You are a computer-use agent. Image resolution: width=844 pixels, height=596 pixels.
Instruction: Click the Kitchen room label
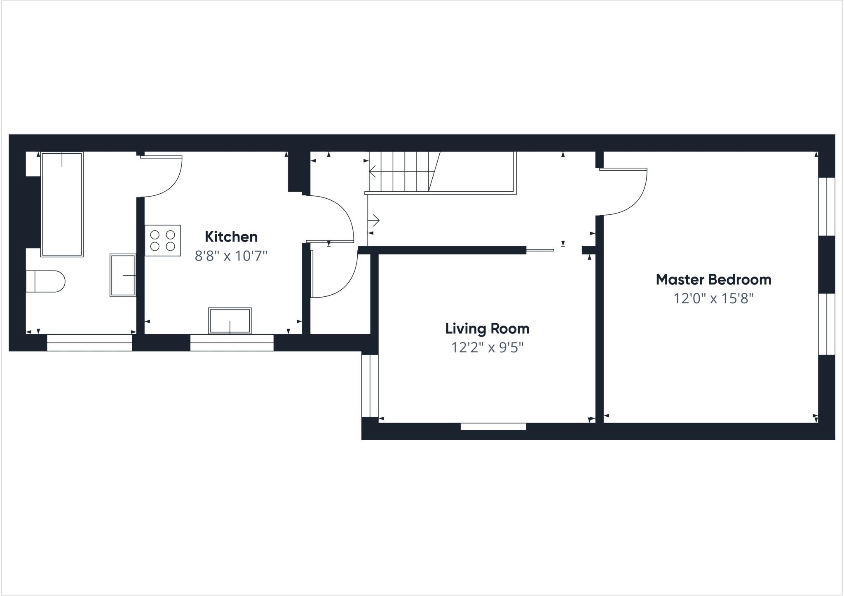[x=231, y=237]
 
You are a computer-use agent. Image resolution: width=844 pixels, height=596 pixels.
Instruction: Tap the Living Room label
[x=487, y=329]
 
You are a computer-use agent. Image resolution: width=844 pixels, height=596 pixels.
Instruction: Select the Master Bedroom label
[x=713, y=279]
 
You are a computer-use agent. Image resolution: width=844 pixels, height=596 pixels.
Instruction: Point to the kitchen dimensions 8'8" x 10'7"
[x=231, y=256]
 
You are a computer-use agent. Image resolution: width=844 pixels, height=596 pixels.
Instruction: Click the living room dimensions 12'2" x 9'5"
[x=487, y=347]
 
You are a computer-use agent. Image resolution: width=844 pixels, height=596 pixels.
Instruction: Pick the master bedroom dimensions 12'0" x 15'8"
[x=713, y=298]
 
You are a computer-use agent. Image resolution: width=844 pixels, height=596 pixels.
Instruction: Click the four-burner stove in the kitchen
[x=162, y=241]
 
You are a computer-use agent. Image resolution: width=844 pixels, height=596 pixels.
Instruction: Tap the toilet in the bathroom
[x=46, y=282]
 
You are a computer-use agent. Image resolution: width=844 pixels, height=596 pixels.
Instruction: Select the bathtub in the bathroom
[x=62, y=204]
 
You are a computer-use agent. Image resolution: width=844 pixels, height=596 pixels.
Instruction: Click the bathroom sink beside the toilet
[x=123, y=275]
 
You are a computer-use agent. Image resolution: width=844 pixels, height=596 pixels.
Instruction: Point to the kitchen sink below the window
[x=230, y=321]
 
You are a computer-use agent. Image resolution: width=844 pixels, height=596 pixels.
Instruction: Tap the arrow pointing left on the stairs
[x=373, y=171]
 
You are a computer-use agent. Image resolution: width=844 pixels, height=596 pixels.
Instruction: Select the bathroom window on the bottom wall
[x=89, y=343]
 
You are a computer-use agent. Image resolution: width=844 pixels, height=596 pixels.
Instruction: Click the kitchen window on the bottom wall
[x=232, y=343]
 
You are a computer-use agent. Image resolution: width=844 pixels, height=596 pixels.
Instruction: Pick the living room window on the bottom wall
[x=493, y=427]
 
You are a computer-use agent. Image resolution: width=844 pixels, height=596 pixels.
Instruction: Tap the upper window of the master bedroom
[x=826, y=206]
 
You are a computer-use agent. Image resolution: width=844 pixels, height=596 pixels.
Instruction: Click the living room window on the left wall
[x=370, y=386]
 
